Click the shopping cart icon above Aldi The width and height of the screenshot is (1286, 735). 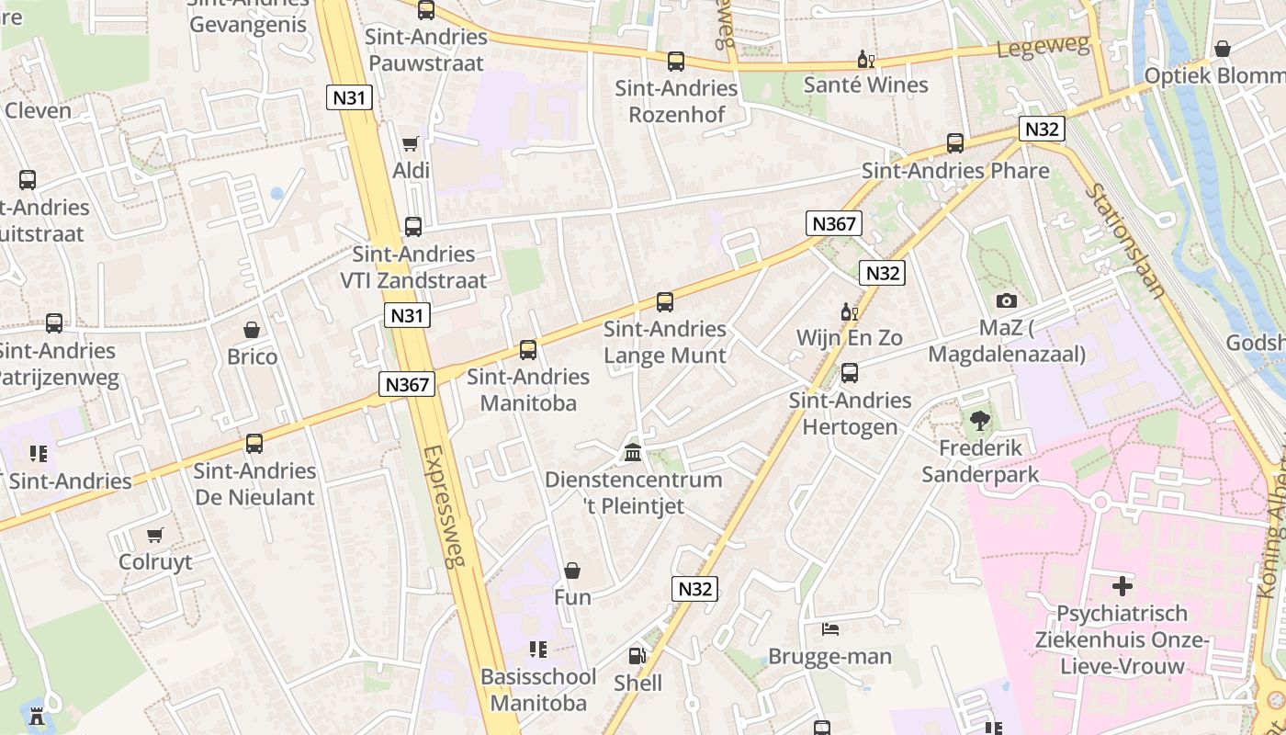411,143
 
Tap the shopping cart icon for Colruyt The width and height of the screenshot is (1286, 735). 155,535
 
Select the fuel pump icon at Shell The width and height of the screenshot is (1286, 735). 637,656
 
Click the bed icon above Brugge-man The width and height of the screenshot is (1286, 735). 830,629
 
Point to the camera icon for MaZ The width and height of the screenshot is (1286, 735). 1007,300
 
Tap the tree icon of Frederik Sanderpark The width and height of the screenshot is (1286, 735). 980,421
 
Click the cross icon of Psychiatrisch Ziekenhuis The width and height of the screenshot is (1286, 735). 1122,586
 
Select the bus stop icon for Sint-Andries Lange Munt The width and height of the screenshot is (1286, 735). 665,301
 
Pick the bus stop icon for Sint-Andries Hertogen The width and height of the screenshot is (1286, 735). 850,373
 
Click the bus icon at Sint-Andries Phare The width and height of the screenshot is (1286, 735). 955,143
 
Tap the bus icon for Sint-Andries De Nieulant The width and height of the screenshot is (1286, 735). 254,444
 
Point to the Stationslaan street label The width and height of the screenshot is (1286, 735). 1126,241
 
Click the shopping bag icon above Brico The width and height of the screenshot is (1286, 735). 252,330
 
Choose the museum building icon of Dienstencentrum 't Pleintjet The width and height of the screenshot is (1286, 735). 633,452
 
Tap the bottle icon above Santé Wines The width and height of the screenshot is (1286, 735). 865,60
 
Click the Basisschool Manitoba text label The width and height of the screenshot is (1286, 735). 538,690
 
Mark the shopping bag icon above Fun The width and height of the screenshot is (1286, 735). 572,571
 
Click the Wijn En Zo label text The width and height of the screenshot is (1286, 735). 849,337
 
